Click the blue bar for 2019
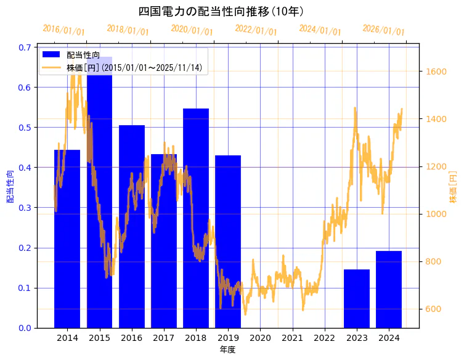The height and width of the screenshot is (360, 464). click(228, 241)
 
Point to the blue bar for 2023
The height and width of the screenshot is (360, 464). click(357, 298)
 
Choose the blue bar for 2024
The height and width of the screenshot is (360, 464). click(389, 289)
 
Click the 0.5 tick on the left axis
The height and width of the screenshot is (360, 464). click(25, 128)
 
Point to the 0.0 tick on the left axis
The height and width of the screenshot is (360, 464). click(25, 328)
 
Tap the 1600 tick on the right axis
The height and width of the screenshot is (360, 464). click(436, 72)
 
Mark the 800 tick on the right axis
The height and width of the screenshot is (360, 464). click(434, 261)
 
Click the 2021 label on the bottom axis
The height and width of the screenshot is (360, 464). click(292, 338)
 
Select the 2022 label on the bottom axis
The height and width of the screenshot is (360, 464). click(324, 338)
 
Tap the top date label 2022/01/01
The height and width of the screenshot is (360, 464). click(256, 30)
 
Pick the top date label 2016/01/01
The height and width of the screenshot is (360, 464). click(63, 30)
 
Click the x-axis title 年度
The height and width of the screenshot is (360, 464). click(227, 350)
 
